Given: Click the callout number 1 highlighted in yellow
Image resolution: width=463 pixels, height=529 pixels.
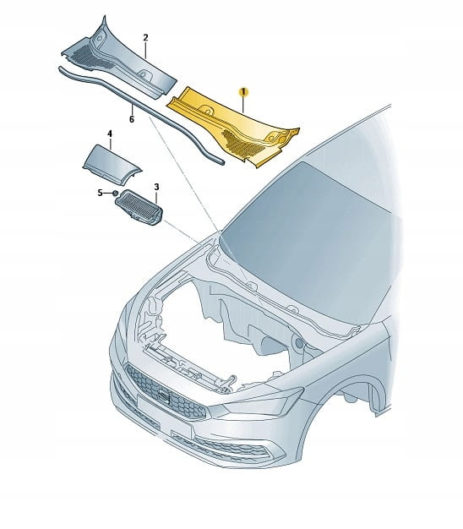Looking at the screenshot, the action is [x=243, y=92].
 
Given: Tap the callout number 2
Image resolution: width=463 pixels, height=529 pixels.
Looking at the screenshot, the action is [x=145, y=37].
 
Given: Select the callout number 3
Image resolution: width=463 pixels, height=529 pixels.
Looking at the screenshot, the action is [x=156, y=187].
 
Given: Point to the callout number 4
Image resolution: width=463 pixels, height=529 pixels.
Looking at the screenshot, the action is [x=110, y=134].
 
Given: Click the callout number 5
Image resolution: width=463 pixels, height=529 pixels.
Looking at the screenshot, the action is [x=100, y=193].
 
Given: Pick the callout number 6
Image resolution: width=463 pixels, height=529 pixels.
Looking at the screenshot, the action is [x=132, y=119].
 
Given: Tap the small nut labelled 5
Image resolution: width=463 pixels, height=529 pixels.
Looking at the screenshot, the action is [x=115, y=193].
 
